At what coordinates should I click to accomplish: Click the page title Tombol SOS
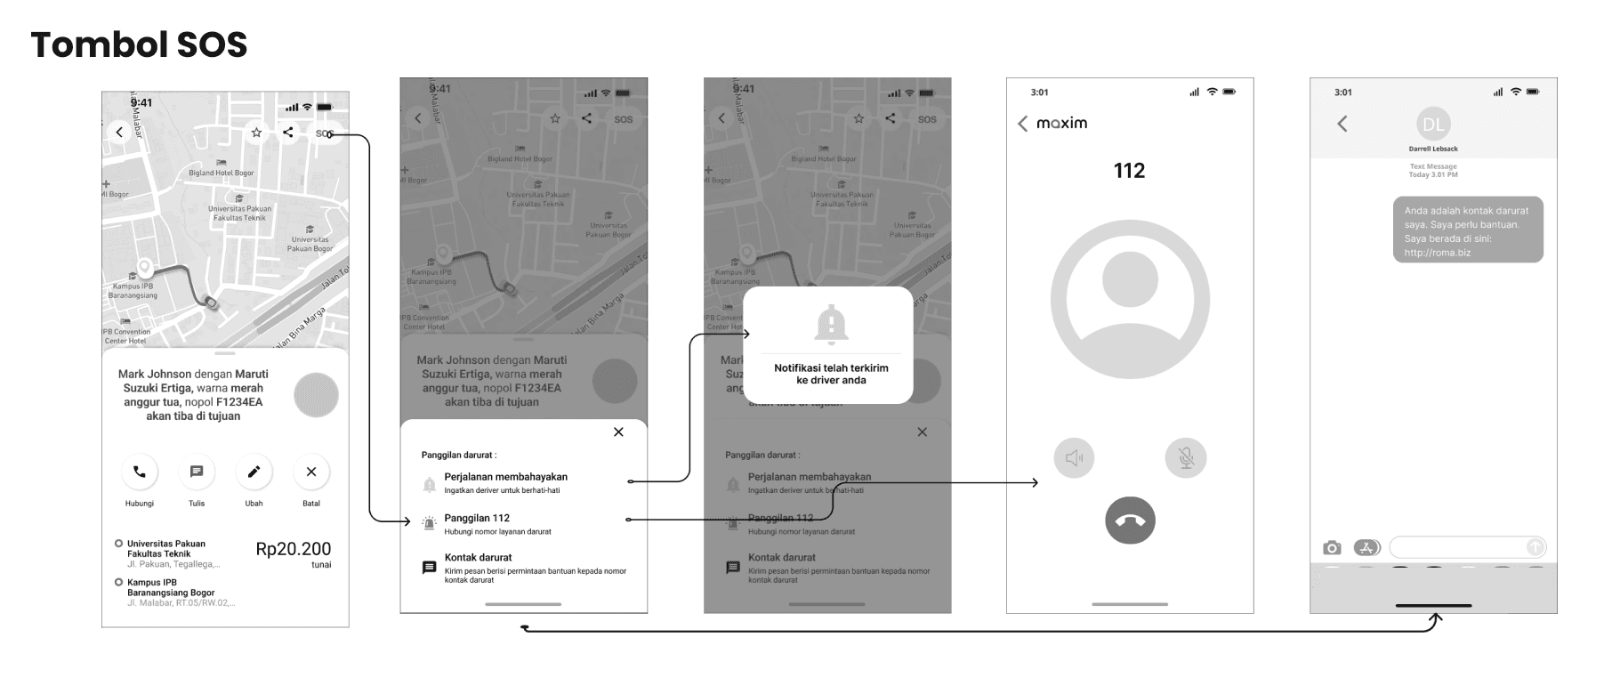(x=139, y=44)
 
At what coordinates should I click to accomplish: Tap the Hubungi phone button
(x=140, y=472)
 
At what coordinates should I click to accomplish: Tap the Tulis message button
(x=197, y=472)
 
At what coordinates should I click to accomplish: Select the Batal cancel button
(x=310, y=472)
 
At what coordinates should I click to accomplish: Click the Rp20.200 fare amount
(x=293, y=549)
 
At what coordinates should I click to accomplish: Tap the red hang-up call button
(x=1130, y=520)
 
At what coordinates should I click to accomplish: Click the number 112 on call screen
(x=1129, y=171)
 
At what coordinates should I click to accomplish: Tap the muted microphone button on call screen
(x=1185, y=458)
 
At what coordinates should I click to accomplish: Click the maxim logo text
(x=1061, y=123)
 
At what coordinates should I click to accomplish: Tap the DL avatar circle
(x=1432, y=125)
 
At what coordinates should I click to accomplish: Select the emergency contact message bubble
(x=1467, y=230)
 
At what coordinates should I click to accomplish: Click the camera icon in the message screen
(x=1331, y=547)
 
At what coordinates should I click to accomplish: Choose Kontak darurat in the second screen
(x=479, y=558)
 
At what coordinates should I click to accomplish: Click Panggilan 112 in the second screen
(x=477, y=518)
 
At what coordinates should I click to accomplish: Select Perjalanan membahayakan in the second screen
(x=505, y=477)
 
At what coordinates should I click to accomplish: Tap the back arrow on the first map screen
(x=119, y=133)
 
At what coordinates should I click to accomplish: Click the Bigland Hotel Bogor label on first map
(x=221, y=173)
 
